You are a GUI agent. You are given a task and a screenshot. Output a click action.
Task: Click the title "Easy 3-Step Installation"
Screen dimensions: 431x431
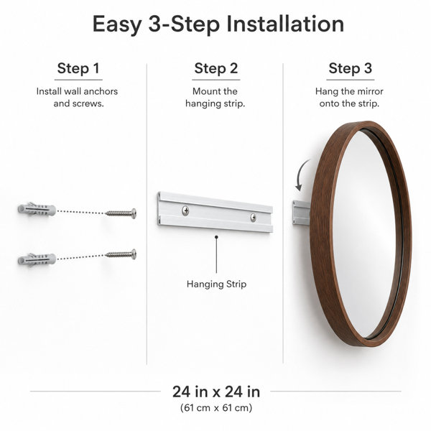218,24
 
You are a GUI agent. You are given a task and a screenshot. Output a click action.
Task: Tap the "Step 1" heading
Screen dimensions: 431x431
78,68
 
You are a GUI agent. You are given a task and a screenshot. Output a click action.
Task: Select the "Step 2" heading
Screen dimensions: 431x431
216,68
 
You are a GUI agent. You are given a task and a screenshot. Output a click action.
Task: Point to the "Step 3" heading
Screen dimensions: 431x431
351,68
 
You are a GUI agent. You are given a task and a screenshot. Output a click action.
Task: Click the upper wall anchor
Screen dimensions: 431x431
37,210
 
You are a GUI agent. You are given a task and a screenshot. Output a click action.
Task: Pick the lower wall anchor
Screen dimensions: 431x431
37,260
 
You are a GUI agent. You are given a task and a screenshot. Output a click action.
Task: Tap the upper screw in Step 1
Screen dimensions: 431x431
121,213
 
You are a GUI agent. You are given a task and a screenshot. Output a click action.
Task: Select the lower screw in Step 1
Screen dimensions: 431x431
121,254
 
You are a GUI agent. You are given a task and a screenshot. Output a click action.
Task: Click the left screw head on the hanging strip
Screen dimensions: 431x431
185,210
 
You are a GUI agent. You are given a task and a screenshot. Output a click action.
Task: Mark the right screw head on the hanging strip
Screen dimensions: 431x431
253,218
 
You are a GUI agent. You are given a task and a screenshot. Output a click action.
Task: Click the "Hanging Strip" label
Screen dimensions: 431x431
216,284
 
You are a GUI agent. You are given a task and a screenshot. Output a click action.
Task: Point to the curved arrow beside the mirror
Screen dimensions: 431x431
301,173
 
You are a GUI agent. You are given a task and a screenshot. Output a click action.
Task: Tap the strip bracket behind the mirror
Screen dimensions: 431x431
301,213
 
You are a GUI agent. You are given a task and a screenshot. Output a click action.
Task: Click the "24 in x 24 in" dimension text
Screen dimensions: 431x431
216,391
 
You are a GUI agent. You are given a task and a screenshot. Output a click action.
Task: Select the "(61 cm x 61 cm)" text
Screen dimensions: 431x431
216,407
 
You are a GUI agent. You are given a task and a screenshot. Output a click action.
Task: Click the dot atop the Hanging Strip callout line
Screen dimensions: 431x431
216,237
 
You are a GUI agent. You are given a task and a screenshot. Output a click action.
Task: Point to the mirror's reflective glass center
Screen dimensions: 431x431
364,233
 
